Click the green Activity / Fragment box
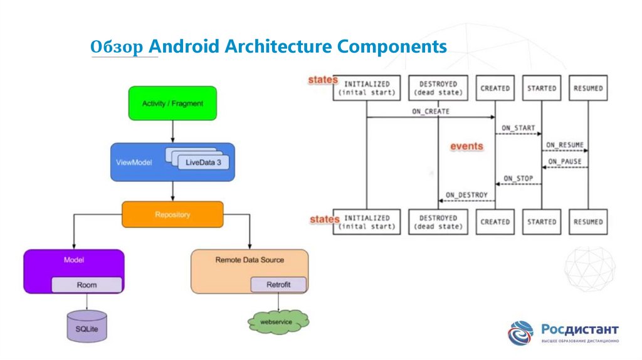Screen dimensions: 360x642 172,103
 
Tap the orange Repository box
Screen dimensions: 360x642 172,214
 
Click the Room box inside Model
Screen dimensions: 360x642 87,285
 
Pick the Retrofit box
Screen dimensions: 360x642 279,285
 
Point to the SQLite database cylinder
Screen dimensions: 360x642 87,327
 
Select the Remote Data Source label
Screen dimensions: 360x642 250,260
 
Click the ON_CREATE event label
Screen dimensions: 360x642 430,112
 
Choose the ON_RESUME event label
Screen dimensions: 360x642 564,145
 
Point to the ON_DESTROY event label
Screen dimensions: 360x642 466,195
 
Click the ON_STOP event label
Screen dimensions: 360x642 518,179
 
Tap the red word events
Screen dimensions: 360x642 467,146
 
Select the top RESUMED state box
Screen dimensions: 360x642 588,88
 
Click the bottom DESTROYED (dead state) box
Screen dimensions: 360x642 438,221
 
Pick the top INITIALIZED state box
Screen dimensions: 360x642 367,88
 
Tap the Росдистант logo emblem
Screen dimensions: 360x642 520,333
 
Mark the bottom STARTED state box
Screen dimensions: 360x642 542,221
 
